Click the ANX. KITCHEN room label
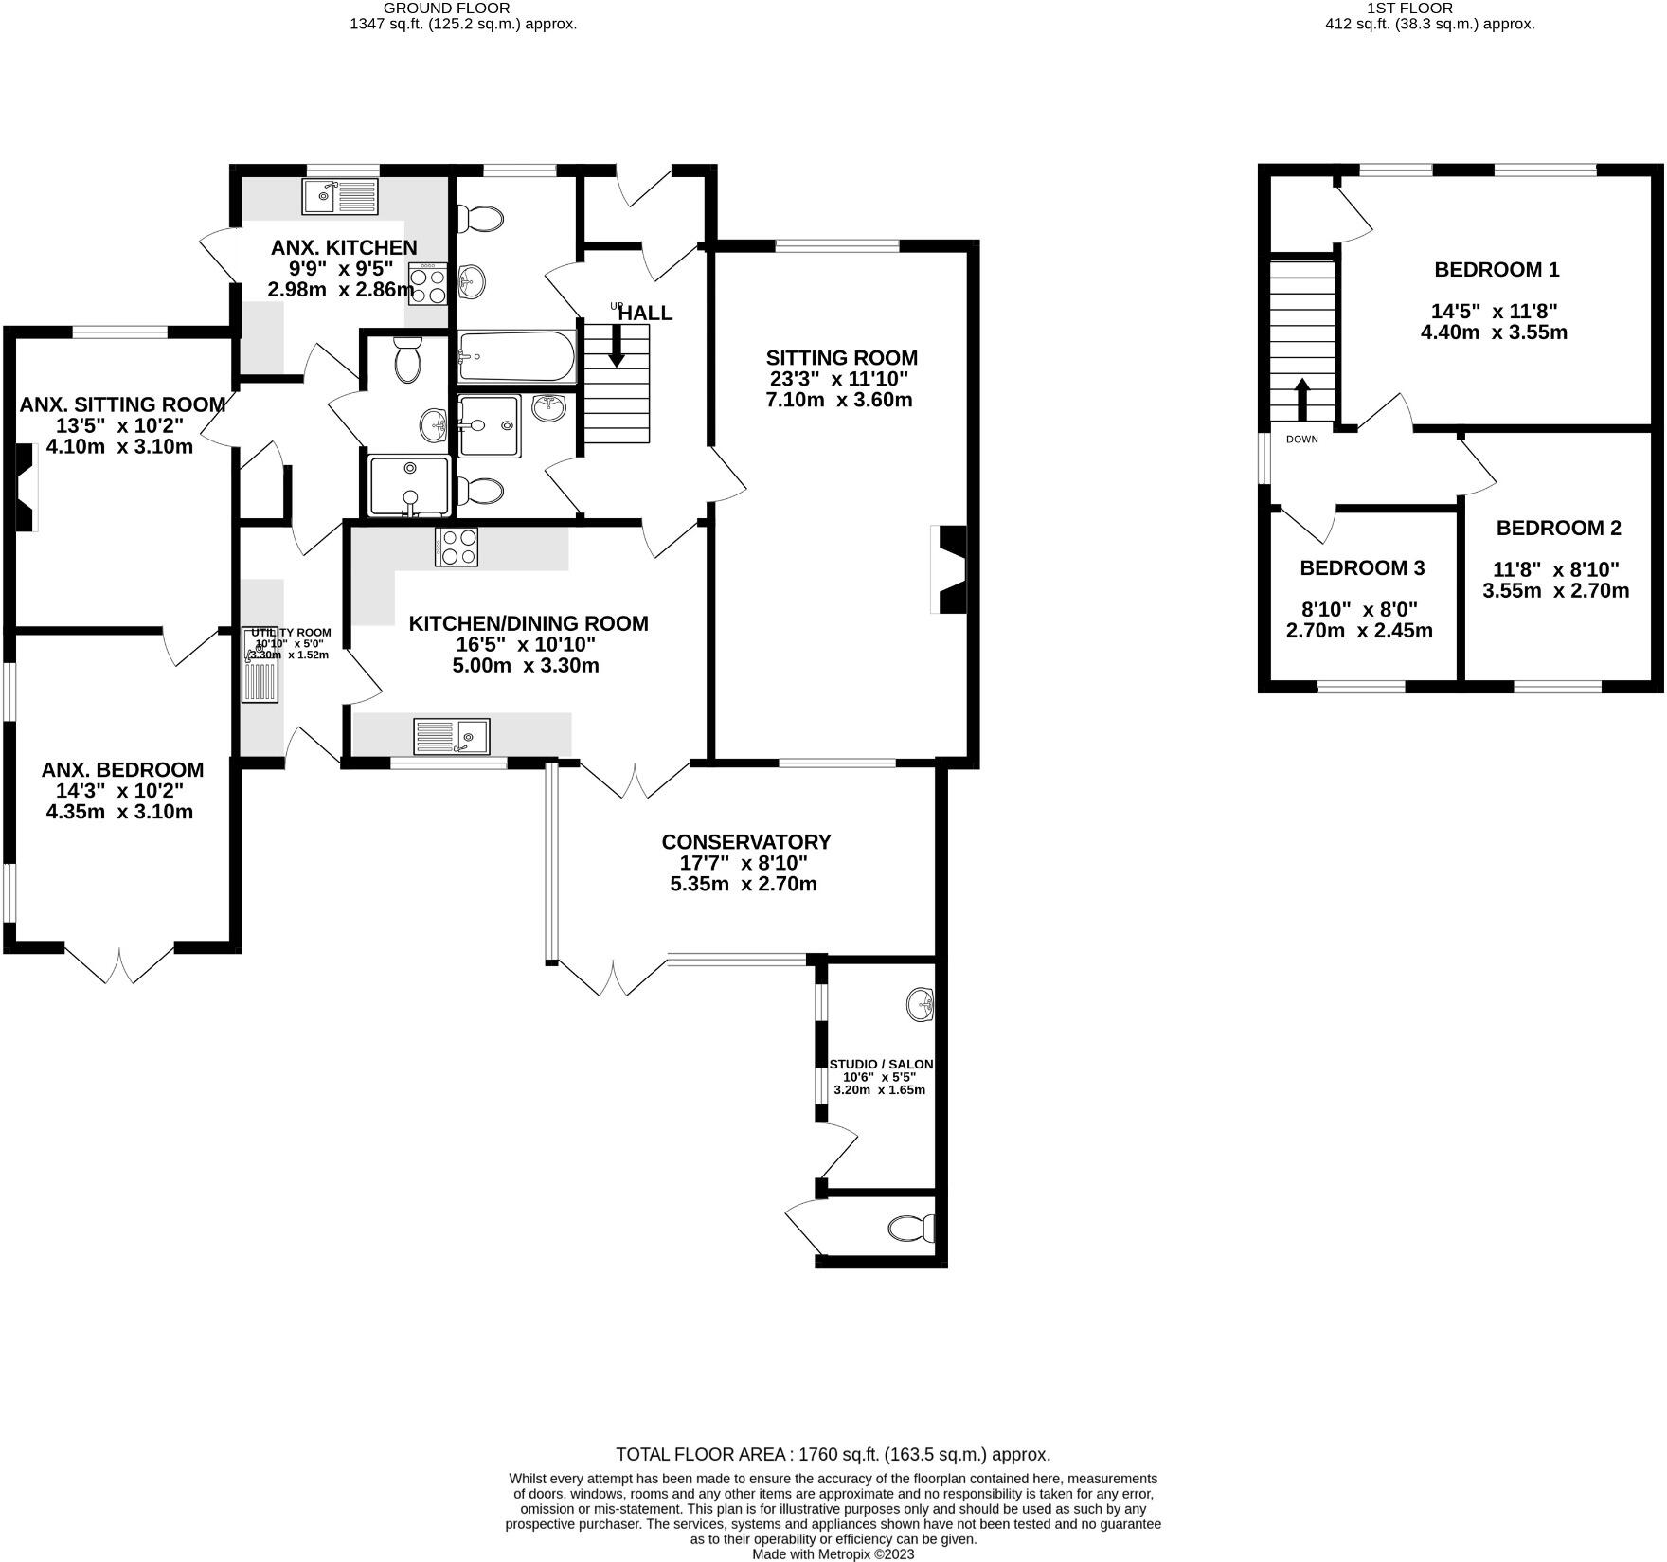344,248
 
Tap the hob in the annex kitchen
428,284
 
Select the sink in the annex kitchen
340,197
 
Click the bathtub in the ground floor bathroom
515,355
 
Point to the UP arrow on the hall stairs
616,347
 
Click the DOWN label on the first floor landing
1301,440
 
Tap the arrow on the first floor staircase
1301,399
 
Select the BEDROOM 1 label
1497,270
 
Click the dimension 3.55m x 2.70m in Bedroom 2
1555,591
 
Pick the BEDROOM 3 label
1361,568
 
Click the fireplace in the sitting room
951,569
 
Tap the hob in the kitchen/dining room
457,547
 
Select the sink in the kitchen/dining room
452,736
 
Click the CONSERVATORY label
745,842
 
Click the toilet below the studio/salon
911,1230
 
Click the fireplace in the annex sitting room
26,490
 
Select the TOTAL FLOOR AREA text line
833,1454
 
